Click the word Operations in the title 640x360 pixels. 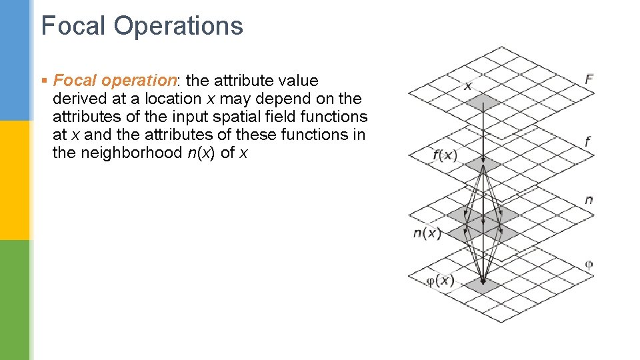pos(178,26)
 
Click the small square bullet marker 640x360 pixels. pos(43,81)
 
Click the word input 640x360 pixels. pos(194,117)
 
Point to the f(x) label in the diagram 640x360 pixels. pos(445,155)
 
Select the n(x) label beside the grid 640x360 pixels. pos(427,233)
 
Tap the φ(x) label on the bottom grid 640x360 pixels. pos(440,281)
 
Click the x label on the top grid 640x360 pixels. pos(467,86)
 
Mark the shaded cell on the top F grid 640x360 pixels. pos(483,102)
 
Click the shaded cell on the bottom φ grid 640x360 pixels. pos(482,285)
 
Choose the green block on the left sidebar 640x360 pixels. pos(15,300)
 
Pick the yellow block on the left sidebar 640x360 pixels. pos(15,180)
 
